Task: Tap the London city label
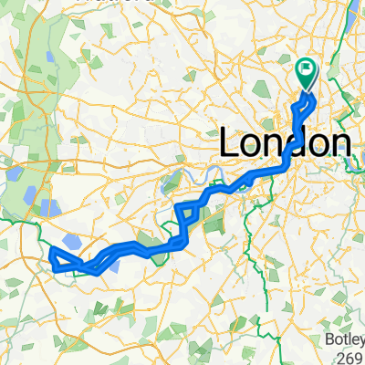point(286,142)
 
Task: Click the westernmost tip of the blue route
point(50,250)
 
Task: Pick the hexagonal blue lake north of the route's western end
point(50,208)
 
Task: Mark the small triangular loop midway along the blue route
point(184,214)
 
